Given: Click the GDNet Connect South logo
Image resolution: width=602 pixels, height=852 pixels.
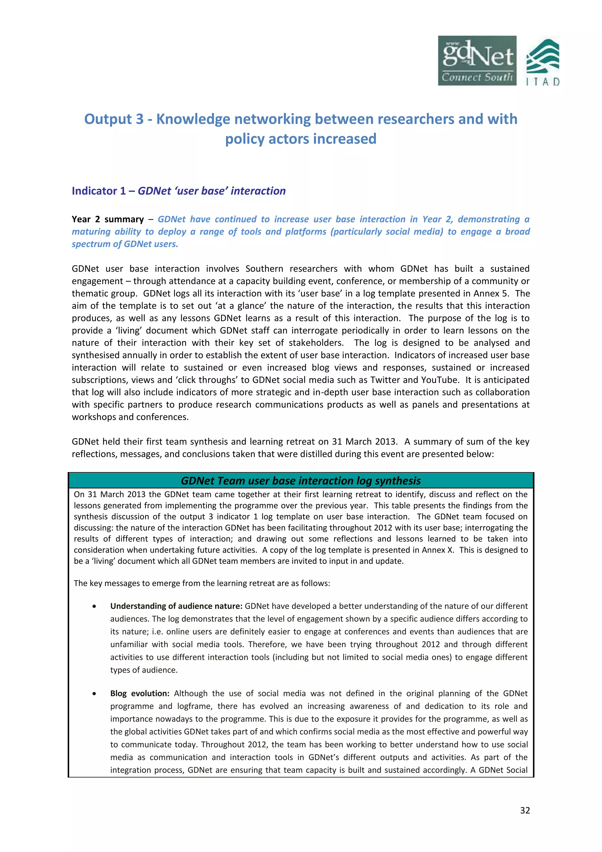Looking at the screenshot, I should click(x=477, y=61).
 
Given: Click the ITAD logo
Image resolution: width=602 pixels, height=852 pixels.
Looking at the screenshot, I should click(x=543, y=62).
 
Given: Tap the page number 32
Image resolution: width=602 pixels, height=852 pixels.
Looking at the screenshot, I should click(x=525, y=810).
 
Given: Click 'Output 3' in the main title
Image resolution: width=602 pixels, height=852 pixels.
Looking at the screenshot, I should click(x=113, y=119).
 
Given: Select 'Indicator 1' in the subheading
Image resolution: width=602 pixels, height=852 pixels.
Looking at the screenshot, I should click(x=99, y=191).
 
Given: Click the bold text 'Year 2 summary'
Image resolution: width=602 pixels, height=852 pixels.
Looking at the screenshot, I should click(x=108, y=219).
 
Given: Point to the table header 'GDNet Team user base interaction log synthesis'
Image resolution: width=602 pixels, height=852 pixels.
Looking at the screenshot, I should click(x=300, y=481).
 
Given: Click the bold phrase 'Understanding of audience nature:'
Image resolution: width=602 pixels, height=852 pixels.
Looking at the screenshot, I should click(x=176, y=606).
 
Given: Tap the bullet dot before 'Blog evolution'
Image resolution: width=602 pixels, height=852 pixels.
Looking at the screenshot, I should click(x=95, y=694).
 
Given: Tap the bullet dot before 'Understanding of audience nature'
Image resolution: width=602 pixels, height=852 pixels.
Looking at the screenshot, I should click(x=95, y=606).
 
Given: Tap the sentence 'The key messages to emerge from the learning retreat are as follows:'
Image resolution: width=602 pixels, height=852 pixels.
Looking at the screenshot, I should click(x=202, y=583).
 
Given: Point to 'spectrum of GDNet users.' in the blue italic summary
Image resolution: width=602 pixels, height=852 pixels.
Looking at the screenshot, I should click(x=125, y=244).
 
